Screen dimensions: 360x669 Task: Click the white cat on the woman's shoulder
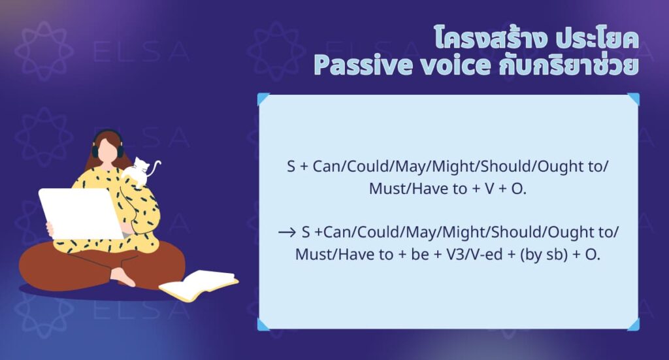coord(138,172)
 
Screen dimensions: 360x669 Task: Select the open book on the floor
coord(199,285)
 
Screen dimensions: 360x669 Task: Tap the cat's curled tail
coord(155,168)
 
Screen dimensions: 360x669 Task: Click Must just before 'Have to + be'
coord(315,254)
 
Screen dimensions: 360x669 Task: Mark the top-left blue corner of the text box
coord(263,99)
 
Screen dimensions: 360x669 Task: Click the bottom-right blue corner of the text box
coord(633,324)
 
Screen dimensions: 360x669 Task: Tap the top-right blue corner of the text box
coord(633,99)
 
